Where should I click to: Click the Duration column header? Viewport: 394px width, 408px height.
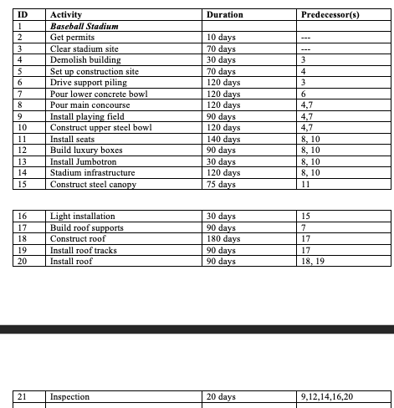(225, 15)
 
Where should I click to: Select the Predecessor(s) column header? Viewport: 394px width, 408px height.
(330, 15)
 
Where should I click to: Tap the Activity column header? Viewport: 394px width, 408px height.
(67, 15)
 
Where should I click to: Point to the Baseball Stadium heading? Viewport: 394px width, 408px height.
(84, 27)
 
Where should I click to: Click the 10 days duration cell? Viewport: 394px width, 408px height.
(220, 38)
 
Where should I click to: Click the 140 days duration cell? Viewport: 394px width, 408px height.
(223, 138)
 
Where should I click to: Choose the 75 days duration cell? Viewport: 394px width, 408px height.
(220, 184)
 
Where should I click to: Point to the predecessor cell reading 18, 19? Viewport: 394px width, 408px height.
(314, 261)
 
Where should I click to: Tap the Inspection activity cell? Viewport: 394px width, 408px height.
(70, 396)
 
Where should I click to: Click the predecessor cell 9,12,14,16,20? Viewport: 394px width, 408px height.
(331, 396)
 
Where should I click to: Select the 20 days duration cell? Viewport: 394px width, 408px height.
(220, 396)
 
